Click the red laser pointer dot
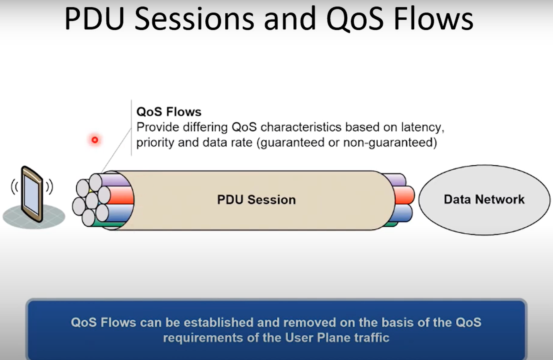click(x=95, y=140)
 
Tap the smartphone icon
click(x=32, y=194)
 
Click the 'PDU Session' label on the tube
click(x=256, y=200)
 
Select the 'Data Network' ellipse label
click(x=484, y=200)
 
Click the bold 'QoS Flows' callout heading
click(x=169, y=112)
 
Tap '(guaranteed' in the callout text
click(x=291, y=143)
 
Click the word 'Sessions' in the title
click(x=194, y=19)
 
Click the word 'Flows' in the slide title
click(x=433, y=19)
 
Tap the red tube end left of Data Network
click(x=404, y=195)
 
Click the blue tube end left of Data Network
click(x=401, y=213)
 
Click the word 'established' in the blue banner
click(x=219, y=323)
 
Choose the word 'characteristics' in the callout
click(x=301, y=128)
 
